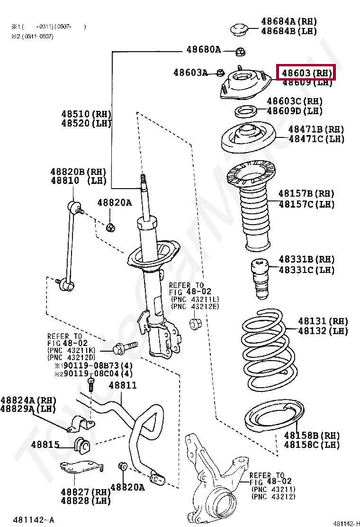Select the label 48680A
(203, 49)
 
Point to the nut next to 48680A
(240, 50)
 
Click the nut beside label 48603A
(220, 73)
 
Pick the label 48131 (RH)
(323, 321)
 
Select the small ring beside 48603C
(246, 112)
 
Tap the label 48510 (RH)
(86, 114)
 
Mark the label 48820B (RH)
(79, 172)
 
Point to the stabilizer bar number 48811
(123, 385)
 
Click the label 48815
(45, 445)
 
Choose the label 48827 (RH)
(85, 492)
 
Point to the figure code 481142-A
(34, 520)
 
